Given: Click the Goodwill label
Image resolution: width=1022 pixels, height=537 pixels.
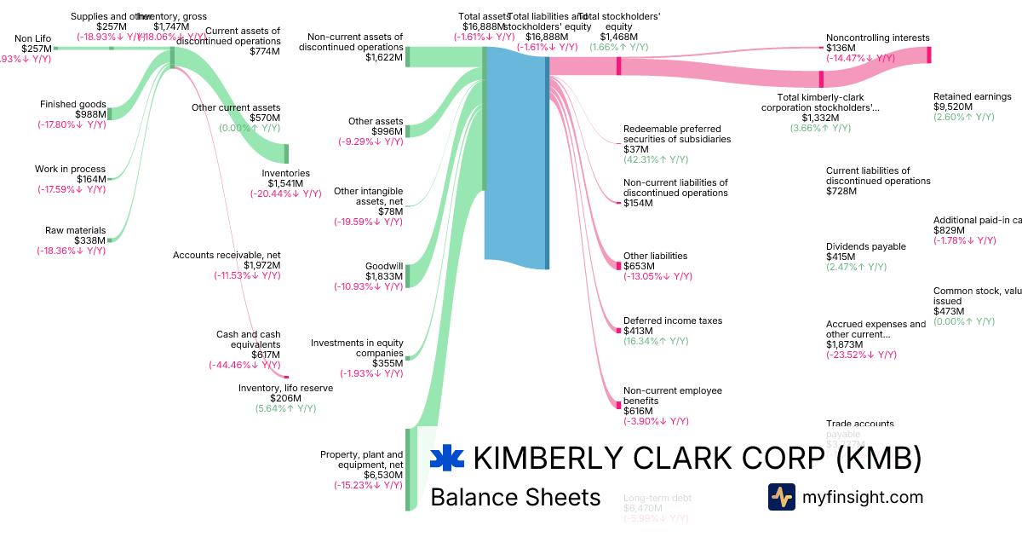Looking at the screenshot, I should click(384, 266).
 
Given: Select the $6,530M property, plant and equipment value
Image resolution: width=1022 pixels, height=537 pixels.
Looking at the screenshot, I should click(383, 474).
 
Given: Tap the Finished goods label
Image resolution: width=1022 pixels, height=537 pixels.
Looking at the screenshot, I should click(73, 104).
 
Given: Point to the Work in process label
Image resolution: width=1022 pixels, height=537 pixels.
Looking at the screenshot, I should click(71, 169).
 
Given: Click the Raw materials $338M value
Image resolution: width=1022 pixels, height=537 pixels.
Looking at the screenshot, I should click(89, 240).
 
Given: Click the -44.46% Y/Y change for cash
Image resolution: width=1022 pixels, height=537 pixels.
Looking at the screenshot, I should click(244, 365).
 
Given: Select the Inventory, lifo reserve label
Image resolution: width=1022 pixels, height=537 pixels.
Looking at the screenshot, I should click(285, 388).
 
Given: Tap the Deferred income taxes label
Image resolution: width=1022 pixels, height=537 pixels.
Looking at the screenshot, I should click(673, 320).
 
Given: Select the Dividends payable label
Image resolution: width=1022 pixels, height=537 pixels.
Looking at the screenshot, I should click(866, 246).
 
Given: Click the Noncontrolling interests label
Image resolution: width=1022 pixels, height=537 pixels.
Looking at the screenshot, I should click(878, 38).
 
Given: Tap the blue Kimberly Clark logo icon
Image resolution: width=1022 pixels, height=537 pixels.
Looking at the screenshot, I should click(447, 459).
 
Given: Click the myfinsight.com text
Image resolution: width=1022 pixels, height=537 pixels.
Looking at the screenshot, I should click(863, 497).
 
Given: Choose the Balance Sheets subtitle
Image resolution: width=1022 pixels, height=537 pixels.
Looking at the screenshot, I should click(515, 497).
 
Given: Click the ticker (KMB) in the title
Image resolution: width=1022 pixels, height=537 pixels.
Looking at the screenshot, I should click(879, 459).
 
